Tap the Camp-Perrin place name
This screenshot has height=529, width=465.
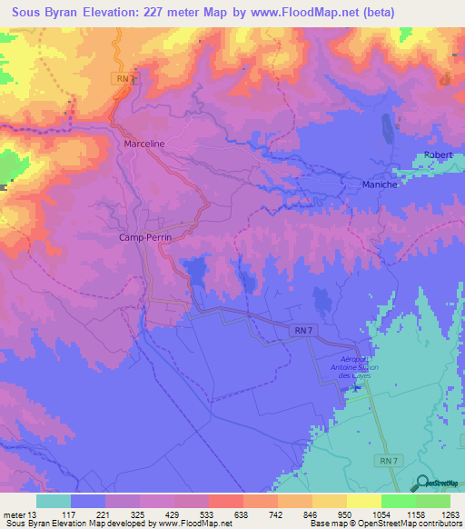click(146, 236)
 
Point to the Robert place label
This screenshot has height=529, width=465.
click(438, 155)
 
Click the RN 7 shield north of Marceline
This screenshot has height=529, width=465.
click(124, 80)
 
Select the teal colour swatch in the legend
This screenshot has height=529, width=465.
click(54, 501)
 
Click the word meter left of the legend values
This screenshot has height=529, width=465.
click(14, 513)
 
